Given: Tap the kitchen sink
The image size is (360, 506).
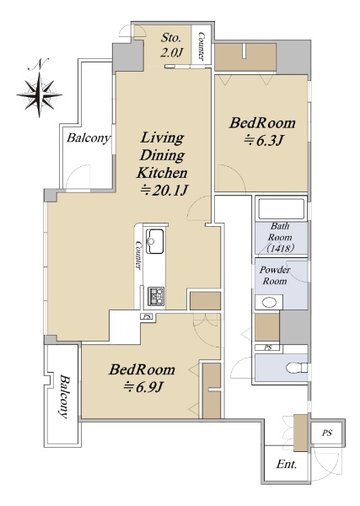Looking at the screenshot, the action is click(155, 241).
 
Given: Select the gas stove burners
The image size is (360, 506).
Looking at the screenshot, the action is click(156, 296).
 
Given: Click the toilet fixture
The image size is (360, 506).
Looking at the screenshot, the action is click(297, 368).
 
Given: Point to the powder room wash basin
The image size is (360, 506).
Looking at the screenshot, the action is click(269, 303).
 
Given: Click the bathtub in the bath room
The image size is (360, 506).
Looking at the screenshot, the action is click(282, 209).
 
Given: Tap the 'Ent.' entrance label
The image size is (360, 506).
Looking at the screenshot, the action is click(286, 465).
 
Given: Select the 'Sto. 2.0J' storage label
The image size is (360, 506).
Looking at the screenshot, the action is click(171, 46).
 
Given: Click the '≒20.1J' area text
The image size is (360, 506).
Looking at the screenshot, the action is click(164, 191).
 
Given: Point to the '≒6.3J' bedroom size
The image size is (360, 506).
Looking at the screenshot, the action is click(263, 140).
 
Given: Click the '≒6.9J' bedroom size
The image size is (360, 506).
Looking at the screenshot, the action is click(142, 387).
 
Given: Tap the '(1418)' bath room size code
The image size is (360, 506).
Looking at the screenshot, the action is click(280, 249).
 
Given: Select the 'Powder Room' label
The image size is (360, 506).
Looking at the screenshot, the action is click(275, 275).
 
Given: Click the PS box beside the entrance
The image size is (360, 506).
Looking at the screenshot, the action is click(327, 433).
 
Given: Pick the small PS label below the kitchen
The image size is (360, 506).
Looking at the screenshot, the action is click(147, 316).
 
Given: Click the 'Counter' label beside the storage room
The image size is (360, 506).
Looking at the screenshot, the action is click(201, 46).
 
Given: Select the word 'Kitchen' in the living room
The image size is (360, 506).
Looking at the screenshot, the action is click(162, 173).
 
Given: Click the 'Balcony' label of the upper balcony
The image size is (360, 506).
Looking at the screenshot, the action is click(89, 138).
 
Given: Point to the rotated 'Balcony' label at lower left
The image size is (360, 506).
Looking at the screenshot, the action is click(65, 396).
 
